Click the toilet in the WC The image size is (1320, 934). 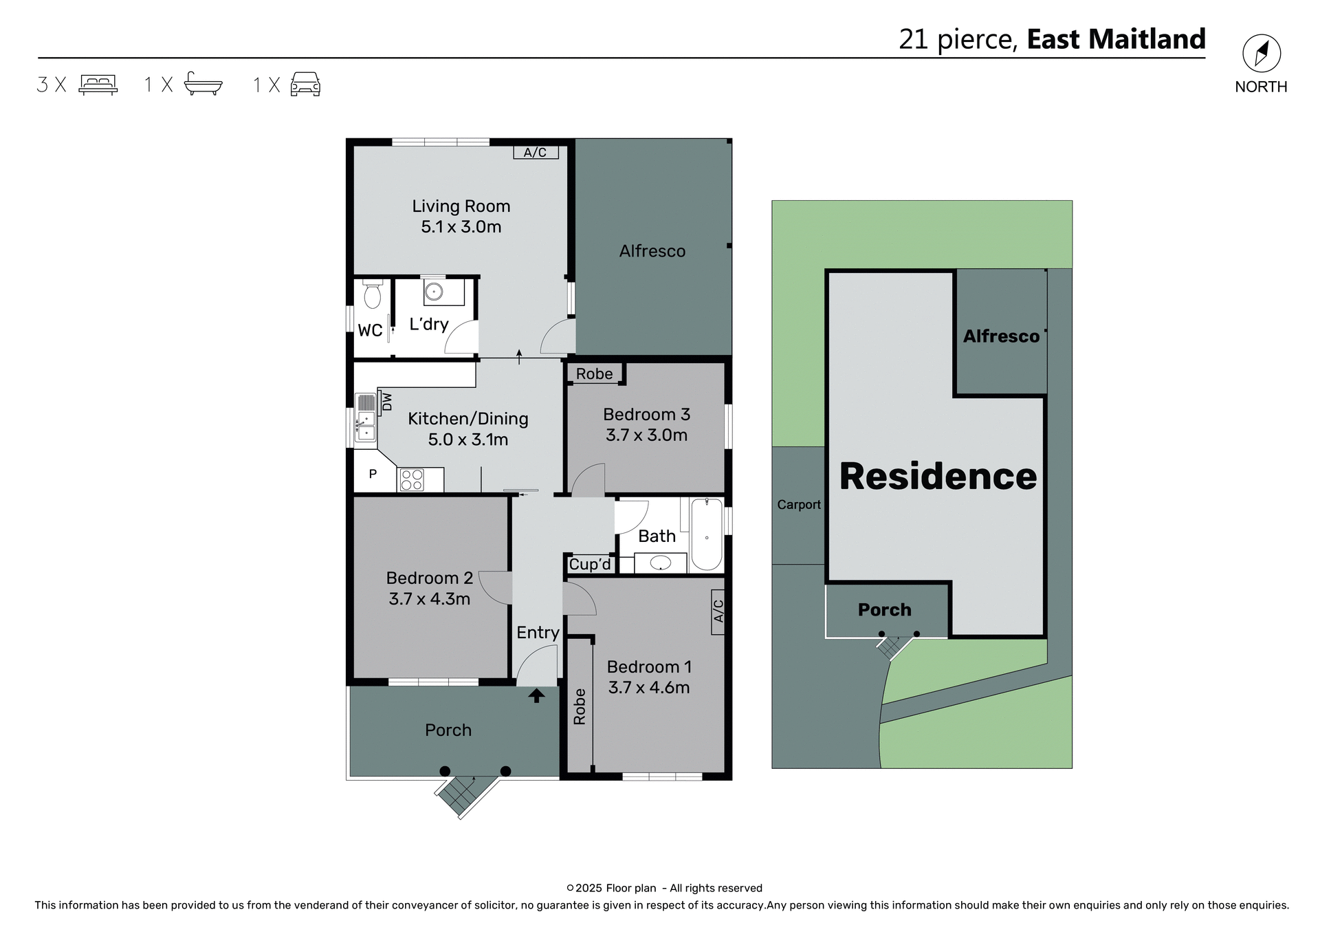click(x=372, y=294)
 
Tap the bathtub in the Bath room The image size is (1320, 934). click(x=706, y=534)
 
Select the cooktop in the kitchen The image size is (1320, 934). click(x=412, y=479)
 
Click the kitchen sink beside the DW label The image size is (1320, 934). click(x=365, y=417)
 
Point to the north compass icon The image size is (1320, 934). click(x=1261, y=54)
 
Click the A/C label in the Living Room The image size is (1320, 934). click(x=535, y=152)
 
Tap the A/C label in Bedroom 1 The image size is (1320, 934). click(x=718, y=611)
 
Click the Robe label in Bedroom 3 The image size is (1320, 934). click(x=594, y=373)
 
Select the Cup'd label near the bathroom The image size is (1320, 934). click(x=590, y=564)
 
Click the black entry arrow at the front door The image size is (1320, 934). click(x=536, y=696)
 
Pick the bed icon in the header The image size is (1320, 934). click(x=98, y=84)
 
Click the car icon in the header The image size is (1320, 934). click(x=305, y=84)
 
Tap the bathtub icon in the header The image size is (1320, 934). click(x=203, y=84)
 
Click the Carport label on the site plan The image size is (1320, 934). click(x=798, y=504)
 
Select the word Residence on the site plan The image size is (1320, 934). click(x=938, y=476)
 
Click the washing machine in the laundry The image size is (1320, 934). click(x=434, y=292)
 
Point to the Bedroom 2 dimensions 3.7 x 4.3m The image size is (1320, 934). click(x=429, y=598)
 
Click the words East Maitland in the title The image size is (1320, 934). click(x=1116, y=39)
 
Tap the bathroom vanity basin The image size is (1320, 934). click(x=660, y=563)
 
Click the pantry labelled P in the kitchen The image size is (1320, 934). click(x=373, y=473)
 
